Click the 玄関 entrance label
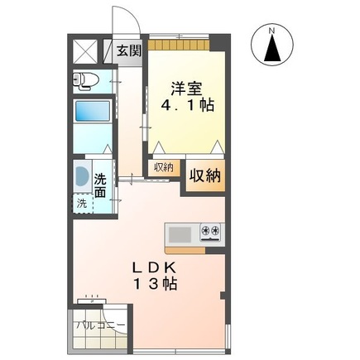(x=128, y=50)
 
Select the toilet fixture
(x=85, y=80)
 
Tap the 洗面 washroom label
(x=100, y=184)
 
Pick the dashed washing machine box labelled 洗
(x=81, y=203)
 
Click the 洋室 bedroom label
(x=185, y=89)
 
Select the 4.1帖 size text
(x=185, y=107)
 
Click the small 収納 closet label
(x=163, y=166)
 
